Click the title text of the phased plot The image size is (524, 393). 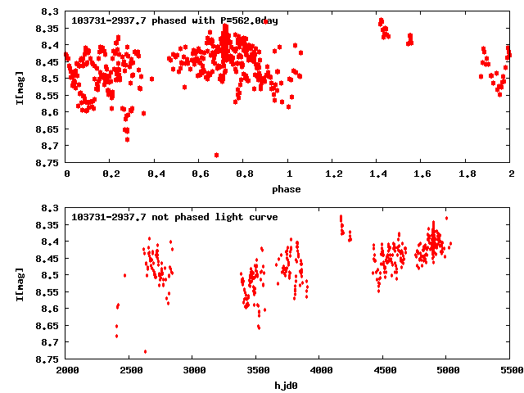pyautogui.click(x=175, y=20)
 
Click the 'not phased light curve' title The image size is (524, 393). pyautogui.click(x=175, y=217)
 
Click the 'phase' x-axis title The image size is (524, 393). pyautogui.click(x=287, y=189)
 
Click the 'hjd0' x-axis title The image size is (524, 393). pyautogui.click(x=287, y=386)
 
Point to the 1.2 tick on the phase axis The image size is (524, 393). pyautogui.click(x=333, y=174)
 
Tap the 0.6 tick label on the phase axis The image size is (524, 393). pyautogui.click(x=200, y=174)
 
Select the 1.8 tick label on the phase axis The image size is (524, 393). pyautogui.click(x=467, y=174)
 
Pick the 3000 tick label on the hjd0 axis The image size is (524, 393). pyautogui.click(x=193, y=371)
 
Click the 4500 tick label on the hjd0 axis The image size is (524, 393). pyautogui.click(x=383, y=371)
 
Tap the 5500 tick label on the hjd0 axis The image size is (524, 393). pyautogui.click(x=509, y=371)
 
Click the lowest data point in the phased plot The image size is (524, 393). pyautogui.click(x=216, y=155)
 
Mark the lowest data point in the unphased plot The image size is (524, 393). pyautogui.click(x=146, y=351)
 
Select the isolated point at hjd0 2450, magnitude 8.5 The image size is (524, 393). pyautogui.click(x=124, y=275)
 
